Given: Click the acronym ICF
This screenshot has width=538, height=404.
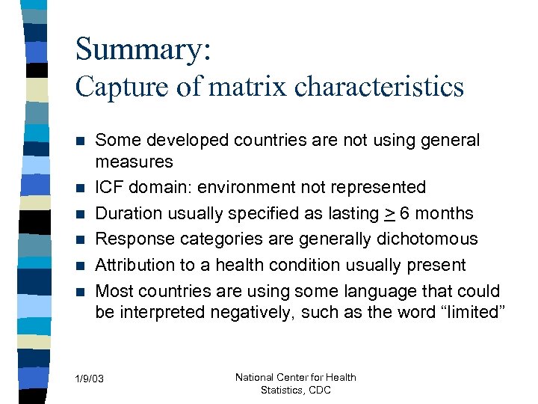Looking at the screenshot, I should (111, 187).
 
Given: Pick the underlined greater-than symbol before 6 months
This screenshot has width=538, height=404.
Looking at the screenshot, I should (389, 214).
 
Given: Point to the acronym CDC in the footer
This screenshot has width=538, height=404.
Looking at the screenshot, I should (319, 390).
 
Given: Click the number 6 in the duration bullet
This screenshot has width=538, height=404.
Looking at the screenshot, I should (404, 213).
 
